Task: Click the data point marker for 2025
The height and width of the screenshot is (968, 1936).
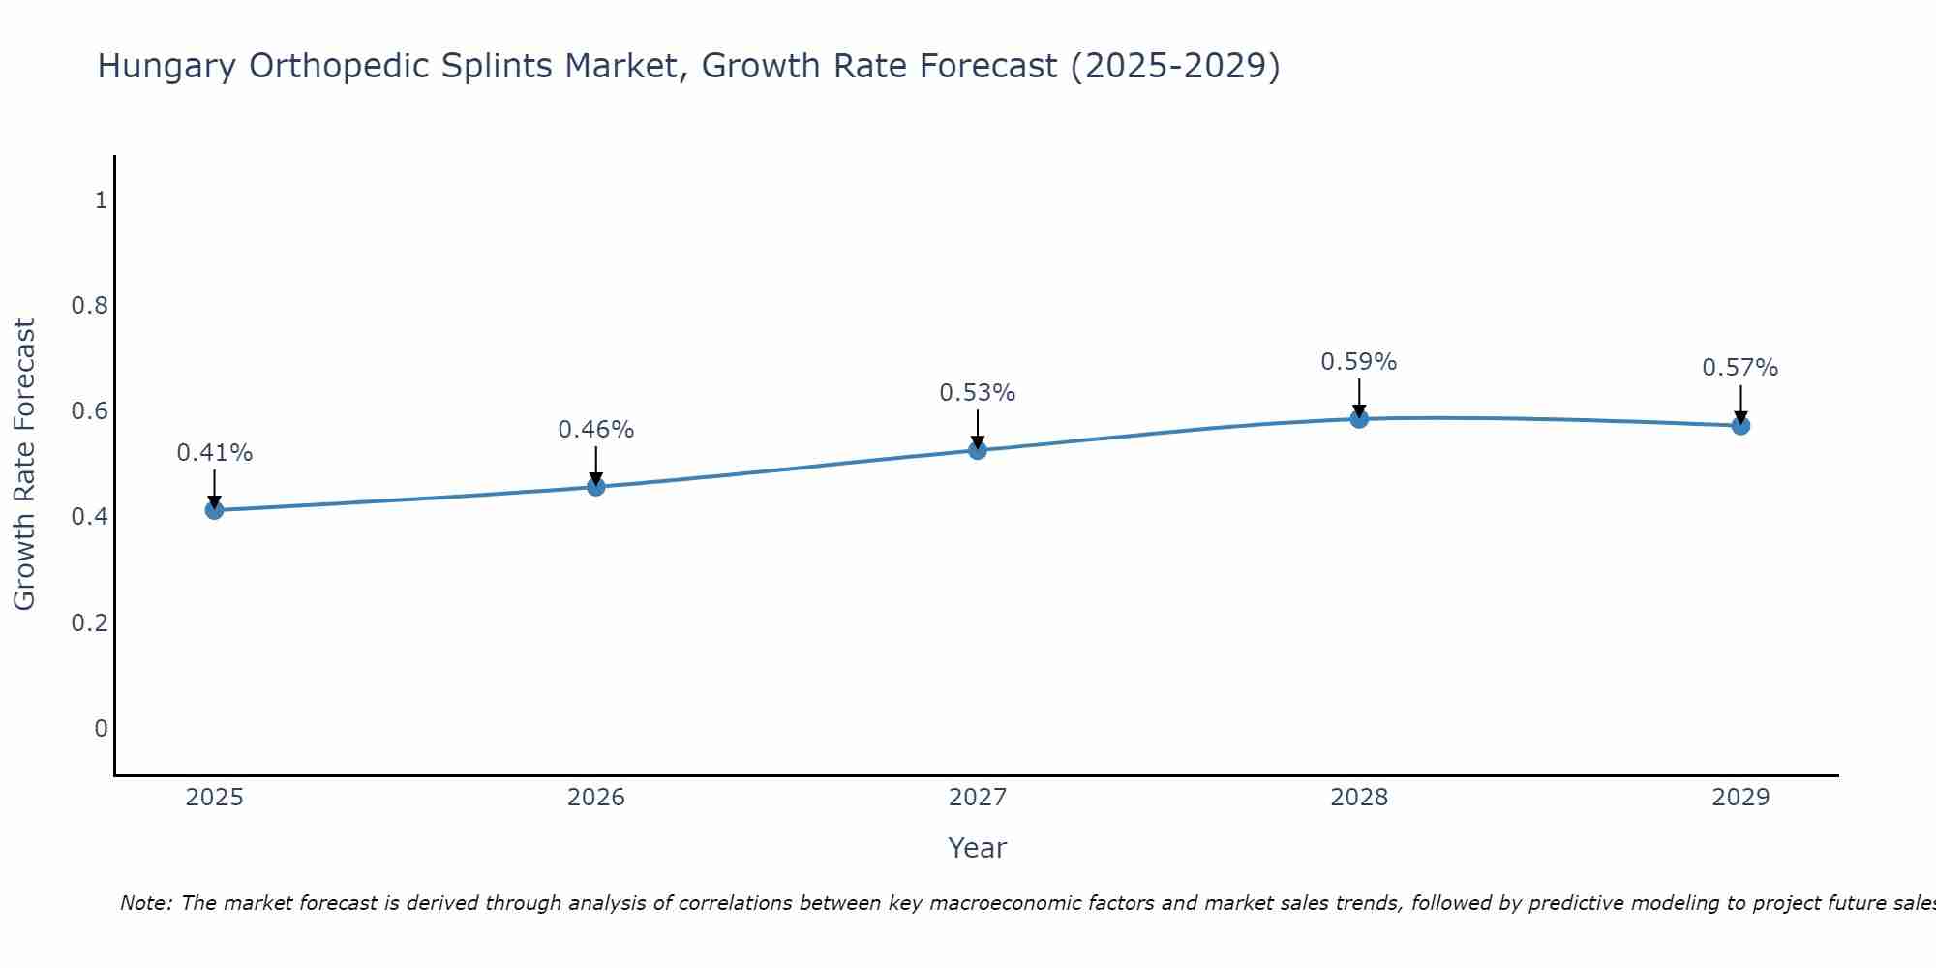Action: pyautogui.click(x=215, y=510)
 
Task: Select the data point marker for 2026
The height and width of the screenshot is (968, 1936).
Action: pyautogui.click(x=596, y=486)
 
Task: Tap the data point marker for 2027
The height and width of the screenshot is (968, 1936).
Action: pyautogui.click(x=978, y=450)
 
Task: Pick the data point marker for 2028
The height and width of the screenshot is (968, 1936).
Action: pyautogui.click(x=1359, y=418)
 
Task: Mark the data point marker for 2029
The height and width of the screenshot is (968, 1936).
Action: pyautogui.click(x=1740, y=425)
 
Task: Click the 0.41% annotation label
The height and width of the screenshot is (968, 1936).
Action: pyautogui.click(x=215, y=453)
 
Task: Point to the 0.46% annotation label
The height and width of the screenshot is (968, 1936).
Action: pyautogui.click(x=596, y=430)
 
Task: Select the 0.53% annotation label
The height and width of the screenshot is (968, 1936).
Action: pyautogui.click(x=978, y=393)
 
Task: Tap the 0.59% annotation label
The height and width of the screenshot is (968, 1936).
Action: pyautogui.click(x=1359, y=362)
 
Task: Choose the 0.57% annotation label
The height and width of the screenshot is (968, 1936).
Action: pyautogui.click(x=1740, y=368)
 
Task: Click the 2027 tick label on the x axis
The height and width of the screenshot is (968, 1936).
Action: pyautogui.click(x=978, y=798)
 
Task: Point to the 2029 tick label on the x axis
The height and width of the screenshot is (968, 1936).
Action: pyautogui.click(x=1740, y=798)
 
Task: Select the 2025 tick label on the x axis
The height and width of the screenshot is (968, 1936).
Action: pyautogui.click(x=215, y=798)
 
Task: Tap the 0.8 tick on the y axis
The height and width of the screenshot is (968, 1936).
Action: pyautogui.click(x=89, y=306)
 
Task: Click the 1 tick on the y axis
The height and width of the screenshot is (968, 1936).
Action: pyautogui.click(x=101, y=200)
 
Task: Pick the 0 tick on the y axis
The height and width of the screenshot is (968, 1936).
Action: pyautogui.click(x=101, y=728)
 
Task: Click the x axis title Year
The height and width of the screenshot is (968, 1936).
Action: pyautogui.click(x=978, y=848)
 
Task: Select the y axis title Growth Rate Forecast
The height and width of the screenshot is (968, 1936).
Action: pyautogui.click(x=25, y=465)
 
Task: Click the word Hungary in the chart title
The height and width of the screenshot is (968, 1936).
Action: pyautogui.click(x=166, y=67)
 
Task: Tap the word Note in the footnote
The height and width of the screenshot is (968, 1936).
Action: pyautogui.click(x=145, y=903)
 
